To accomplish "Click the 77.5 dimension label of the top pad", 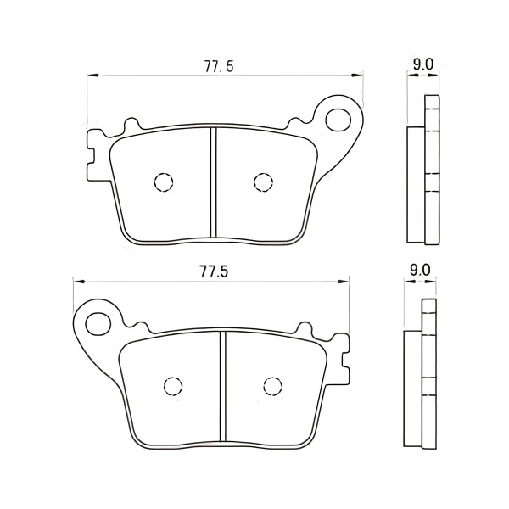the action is [x=219, y=66].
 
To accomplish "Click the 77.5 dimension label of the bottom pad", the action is [x=214, y=271].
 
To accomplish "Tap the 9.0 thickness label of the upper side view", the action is [x=423, y=64].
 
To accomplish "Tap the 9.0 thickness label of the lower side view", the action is [x=420, y=270].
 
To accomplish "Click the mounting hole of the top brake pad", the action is [x=338, y=120].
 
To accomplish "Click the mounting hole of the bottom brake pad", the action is [x=98, y=324].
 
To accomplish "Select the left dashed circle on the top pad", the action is [x=164, y=182].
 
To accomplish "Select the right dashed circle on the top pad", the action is [x=263, y=182].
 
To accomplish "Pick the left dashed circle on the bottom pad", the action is [x=173, y=386].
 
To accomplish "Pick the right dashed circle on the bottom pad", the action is [x=272, y=386].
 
